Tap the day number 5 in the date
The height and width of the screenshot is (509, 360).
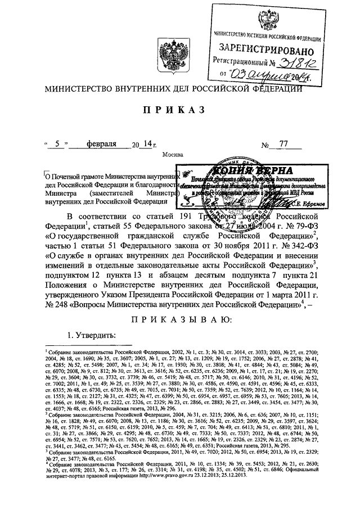coord(57,145)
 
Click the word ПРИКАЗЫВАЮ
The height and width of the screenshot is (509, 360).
coord(179,320)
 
